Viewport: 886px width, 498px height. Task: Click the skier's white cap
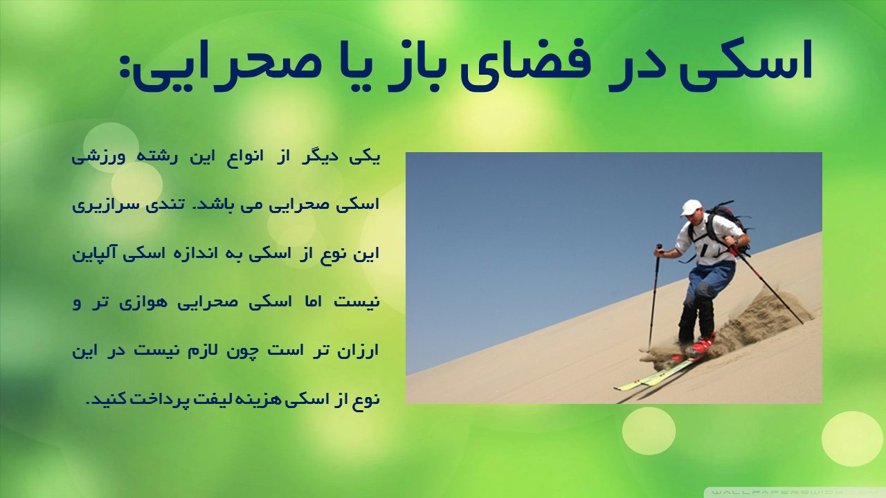(691, 207)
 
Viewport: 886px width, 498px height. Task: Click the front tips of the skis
(622, 387)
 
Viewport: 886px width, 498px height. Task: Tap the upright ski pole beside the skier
(653, 297)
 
